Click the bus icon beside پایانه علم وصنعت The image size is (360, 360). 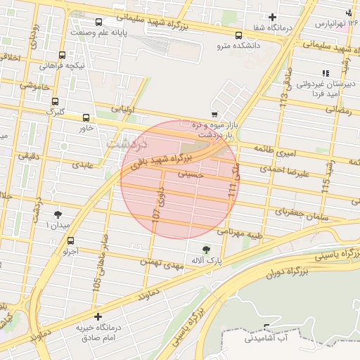click(98, 22)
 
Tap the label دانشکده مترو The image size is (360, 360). click(238, 46)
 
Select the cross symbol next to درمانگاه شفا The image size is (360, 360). click(273, 17)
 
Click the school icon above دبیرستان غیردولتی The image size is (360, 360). click(325, 72)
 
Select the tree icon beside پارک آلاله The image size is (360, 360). click(206, 250)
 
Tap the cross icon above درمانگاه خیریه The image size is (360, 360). click(97, 317)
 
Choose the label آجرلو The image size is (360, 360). click(70, 250)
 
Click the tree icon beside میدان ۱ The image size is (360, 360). click(58, 214)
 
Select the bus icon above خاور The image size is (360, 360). click(86, 118)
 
